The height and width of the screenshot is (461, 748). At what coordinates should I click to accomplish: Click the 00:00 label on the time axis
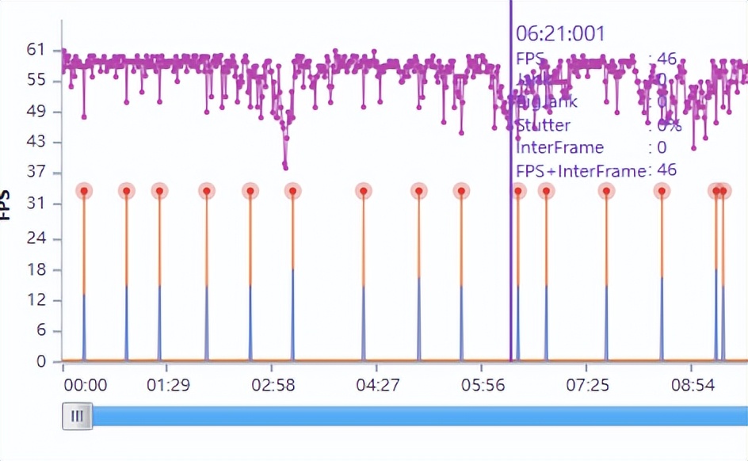[85, 386]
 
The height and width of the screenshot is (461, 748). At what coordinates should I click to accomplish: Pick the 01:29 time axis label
[168, 386]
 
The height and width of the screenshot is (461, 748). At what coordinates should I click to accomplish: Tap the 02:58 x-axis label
[273, 386]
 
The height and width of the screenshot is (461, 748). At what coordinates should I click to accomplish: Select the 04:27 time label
[377, 386]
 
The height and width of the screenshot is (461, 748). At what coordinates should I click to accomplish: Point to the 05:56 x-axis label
[483, 386]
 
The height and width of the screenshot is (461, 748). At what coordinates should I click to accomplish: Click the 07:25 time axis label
[587, 386]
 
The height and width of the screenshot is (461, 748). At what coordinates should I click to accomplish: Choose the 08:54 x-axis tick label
[693, 386]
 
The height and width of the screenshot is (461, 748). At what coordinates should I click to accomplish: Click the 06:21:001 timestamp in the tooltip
[560, 33]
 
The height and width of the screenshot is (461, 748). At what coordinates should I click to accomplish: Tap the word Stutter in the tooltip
[543, 125]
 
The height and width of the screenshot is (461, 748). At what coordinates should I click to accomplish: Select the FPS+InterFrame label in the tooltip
[580, 170]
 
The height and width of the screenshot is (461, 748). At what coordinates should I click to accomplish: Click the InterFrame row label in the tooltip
[559, 147]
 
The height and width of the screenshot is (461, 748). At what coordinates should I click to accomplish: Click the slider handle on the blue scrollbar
[77, 416]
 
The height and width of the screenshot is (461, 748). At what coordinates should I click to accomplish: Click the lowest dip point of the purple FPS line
[285, 166]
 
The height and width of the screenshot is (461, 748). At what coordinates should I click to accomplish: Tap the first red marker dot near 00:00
[84, 191]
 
